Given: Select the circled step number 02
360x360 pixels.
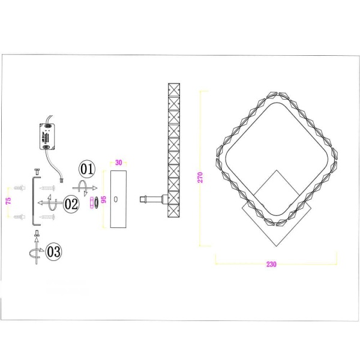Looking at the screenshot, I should (x=71, y=204).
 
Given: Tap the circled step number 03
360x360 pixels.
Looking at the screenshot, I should (x=53, y=251).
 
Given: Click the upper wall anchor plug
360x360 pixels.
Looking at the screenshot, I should (x=20, y=188).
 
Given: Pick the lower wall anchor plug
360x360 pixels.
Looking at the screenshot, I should (x=20, y=216).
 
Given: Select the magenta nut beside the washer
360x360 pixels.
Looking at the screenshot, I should (x=91, y=204).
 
